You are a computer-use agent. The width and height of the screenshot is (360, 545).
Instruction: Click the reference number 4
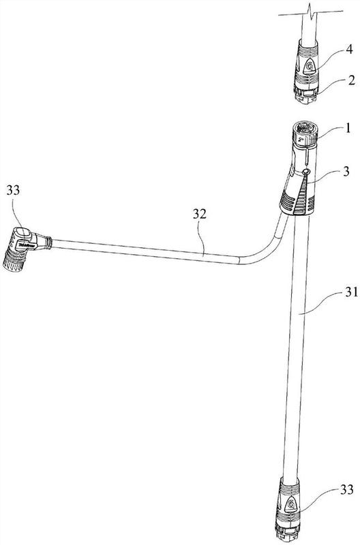pos(349,49)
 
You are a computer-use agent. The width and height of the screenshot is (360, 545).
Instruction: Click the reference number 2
pos(352,80)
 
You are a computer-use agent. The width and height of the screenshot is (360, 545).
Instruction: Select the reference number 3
pos(346,172)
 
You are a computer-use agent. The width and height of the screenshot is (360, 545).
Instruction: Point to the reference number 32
pos(200,214)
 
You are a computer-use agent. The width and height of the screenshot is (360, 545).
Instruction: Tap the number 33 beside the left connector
pos(13,191)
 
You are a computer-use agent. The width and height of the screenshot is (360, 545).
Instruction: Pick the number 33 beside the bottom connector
pos(347,490)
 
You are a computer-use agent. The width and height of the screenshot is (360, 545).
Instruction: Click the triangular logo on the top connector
pos(309,66)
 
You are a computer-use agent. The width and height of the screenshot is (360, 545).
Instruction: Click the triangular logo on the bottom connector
pos(290,504)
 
